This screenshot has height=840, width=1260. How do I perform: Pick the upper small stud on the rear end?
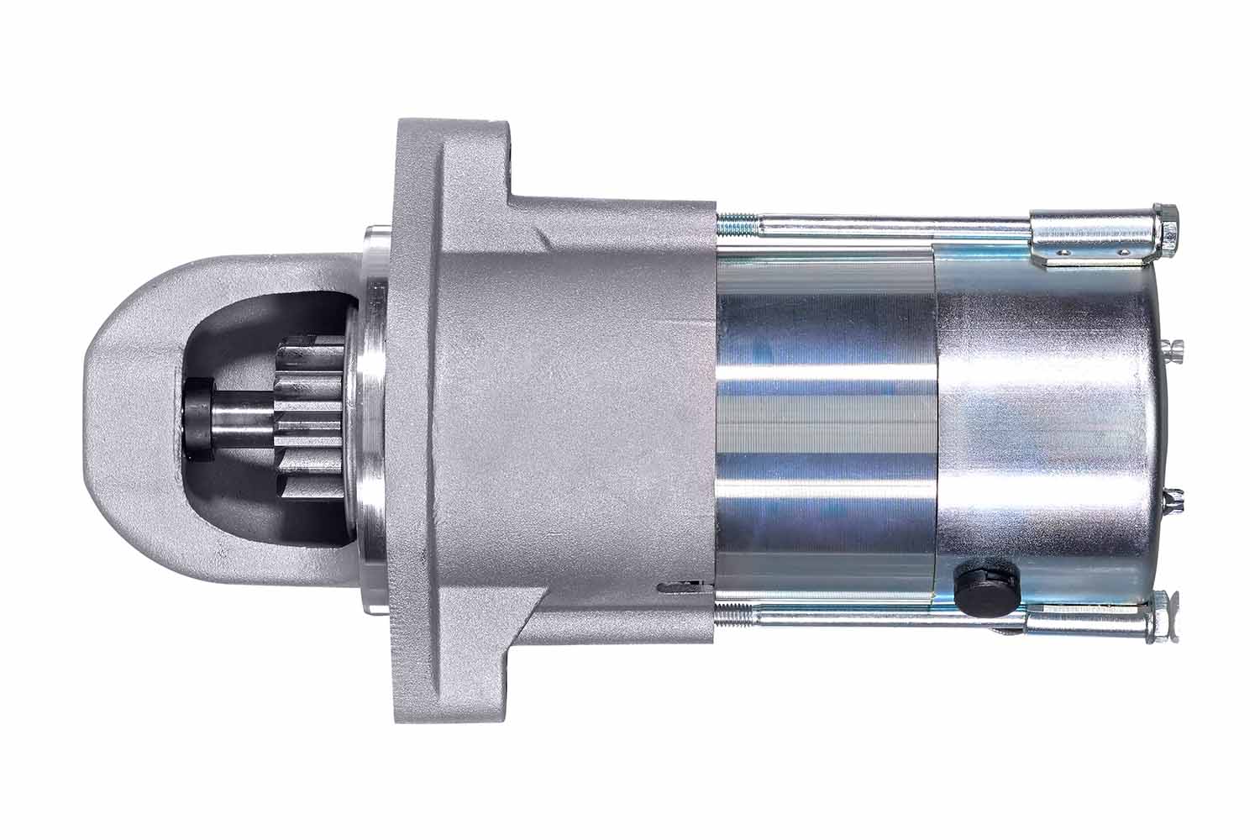tap(1176, 346)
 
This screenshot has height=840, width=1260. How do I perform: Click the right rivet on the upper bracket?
tap(1118, 250)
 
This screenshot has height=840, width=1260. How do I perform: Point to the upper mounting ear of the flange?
tap(454, 155)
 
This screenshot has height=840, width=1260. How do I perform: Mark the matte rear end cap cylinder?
tap(1042, 420)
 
